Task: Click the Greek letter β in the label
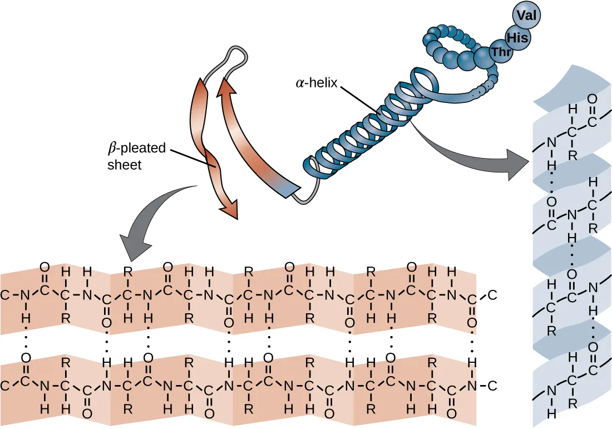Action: tap(111, 149)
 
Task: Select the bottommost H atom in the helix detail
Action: tap(551, 413)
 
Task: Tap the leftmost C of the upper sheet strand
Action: tap(4, 295)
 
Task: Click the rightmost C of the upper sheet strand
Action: tap(492, 295)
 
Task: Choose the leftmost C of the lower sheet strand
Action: tap(4, 386)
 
